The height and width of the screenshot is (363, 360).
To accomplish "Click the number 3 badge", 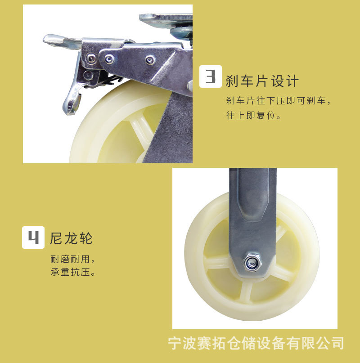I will click(x=211, y=76).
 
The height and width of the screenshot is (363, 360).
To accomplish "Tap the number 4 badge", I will click(x=33, y=237).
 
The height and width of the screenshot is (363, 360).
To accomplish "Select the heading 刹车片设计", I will click(x=262, y=81).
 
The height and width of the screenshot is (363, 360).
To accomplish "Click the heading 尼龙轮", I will click(x=71, y=238).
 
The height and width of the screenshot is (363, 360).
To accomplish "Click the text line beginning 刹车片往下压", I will click(x=279, y=100).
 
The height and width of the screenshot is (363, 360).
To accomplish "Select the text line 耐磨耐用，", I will click(x=73, y=260).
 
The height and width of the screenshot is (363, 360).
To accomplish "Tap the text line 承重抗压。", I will click(x=73, y=273).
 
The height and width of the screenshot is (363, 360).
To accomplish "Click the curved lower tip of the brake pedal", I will click(x=72, y=106).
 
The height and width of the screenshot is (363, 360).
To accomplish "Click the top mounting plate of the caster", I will click(x=166, y=18).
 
